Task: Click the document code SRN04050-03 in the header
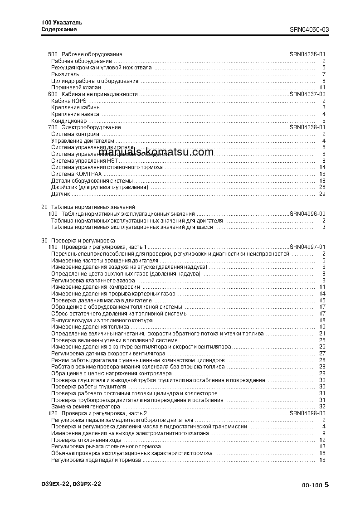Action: click(x=309, y=29)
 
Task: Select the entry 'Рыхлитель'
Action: click(x=65, y=74)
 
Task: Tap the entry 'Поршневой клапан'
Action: click(x=76, y=87)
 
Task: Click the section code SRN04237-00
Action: click(x=307, y=94)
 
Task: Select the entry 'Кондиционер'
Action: click(x=68, y=121)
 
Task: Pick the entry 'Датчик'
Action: click(x=60, y=194)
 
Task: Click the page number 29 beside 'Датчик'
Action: click(x=322, y=194)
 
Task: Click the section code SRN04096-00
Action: click(x=307, y=213)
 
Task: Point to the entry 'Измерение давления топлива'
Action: click(x=90, y=327)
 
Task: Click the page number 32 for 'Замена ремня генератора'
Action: click(x=322, y=407)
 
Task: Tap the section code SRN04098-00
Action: click(x=307, y=413)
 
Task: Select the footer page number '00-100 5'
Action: click(x=315, y=485)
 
